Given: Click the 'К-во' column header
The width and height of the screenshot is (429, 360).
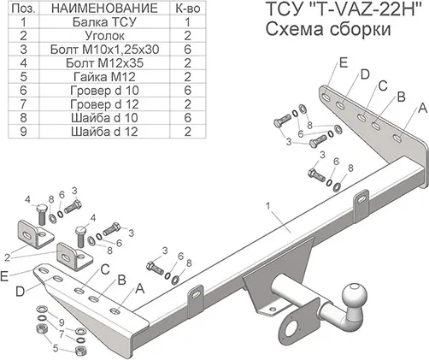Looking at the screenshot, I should tap(185, 9).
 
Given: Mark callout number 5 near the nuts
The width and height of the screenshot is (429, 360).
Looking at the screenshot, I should tap(56, 348).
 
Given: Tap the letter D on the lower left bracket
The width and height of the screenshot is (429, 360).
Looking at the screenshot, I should tap(18, 292).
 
